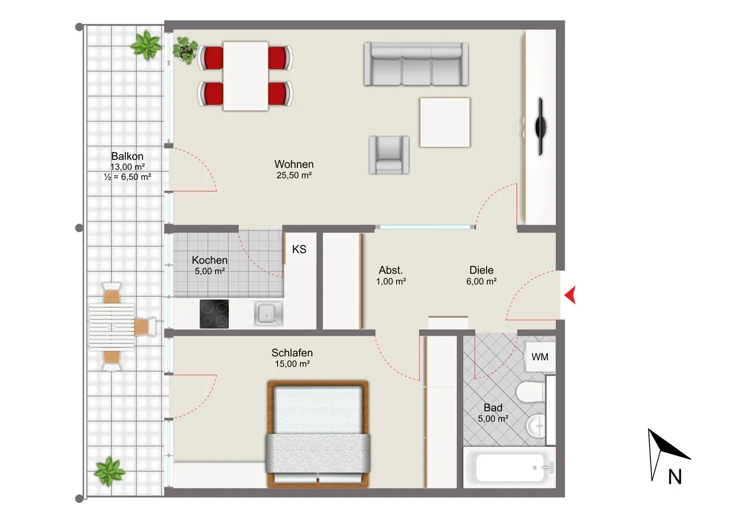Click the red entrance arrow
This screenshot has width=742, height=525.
coord(571,295)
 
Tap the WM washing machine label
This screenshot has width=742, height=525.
coord(540,357)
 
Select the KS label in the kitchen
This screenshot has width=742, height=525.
coord(299,249)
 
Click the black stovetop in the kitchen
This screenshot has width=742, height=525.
coord(214,314)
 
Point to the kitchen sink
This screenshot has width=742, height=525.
coord(268,313)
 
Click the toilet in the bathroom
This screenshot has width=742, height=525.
coord(530,392)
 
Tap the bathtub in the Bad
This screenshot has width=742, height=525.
coord(510,468)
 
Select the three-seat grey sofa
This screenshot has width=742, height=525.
coord(416,64)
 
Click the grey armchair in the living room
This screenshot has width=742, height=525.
coord(389,155)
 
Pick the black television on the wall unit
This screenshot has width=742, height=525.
coord(541,126)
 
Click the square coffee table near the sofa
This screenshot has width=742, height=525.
coord(445,122)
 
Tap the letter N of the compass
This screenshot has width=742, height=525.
coord(675,477)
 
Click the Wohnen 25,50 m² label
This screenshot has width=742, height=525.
coord(294,169)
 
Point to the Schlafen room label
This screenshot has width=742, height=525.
coord(292,353)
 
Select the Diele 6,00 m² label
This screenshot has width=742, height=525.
coord(481,276)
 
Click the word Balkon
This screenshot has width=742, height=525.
coord(127,156)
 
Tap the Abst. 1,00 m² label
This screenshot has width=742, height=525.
coord(391,276)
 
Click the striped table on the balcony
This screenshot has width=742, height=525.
coord(112,327)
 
